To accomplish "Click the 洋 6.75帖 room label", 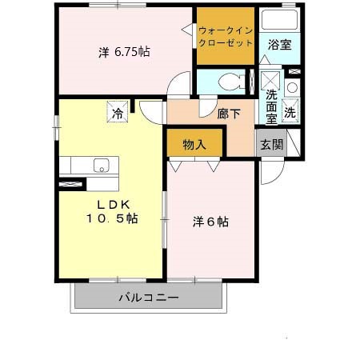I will (124, 52).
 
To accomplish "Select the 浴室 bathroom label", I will (278, 44).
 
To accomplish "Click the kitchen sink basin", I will (102, 165).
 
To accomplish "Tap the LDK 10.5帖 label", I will (111, 210).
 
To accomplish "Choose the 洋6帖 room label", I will (211, 222).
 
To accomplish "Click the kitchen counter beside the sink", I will (80, 165).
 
